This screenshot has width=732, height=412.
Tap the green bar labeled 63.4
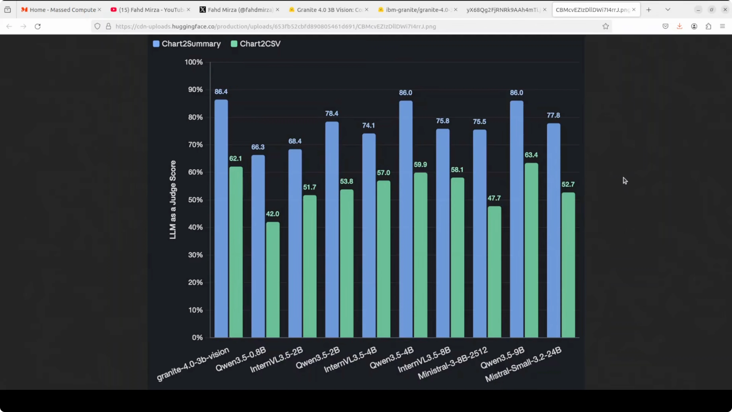531,250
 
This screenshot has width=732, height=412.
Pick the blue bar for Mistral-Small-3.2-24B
553,230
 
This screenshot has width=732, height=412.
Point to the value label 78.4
332,113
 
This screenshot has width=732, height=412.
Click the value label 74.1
369,125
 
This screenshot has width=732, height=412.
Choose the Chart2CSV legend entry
256,44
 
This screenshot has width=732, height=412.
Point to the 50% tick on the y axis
196,200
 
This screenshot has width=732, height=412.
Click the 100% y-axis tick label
194,62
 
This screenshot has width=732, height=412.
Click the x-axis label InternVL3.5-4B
350,359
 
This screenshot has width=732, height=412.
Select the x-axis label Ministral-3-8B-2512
453,363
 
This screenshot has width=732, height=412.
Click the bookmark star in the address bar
605,26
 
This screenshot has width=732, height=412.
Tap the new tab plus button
648,10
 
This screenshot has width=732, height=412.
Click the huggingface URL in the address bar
276,26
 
